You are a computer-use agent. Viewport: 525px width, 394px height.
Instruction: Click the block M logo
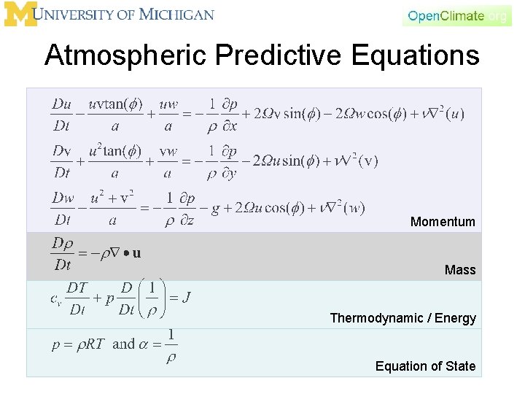coord(18,15)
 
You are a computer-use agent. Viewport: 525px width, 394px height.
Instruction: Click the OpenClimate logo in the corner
coord(456,16)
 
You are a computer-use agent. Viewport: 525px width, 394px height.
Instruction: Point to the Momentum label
coord(443,222)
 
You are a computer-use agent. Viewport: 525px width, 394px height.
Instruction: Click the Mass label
coord(460,270)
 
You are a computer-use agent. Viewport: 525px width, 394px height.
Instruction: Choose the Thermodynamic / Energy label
coord(403,318)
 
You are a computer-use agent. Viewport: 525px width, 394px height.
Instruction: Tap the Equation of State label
coord(425,366)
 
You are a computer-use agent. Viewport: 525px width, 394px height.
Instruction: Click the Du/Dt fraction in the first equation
coord(62,115)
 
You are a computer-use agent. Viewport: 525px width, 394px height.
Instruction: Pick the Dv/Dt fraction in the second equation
coord(62,162)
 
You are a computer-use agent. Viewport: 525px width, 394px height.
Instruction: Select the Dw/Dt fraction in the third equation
coord(63,209)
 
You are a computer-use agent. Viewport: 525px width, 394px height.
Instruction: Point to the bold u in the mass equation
coord(136,254)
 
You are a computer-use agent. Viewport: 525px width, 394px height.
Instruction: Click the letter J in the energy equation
coord(186,297)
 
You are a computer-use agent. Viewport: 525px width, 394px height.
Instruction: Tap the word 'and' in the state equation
coord(124,344)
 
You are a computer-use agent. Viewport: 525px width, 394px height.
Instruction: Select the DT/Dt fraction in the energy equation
coord(77,298)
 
